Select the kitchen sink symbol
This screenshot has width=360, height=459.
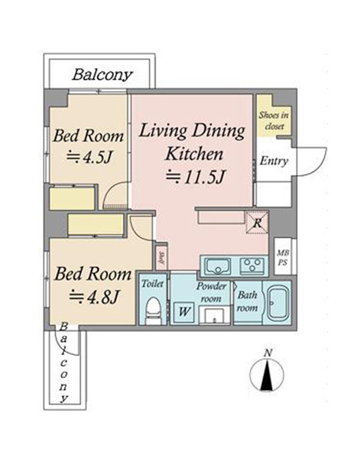[x=218, y=266]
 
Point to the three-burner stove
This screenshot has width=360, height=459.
[x=252, y=266]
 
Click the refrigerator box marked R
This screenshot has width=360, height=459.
[x=257, y=223]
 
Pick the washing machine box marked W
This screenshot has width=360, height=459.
[x=183, y=312]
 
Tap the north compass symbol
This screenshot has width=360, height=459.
[x=267, y=374]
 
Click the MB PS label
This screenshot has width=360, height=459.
[x=283, y=257]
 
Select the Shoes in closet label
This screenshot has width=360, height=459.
[x=274, y=120]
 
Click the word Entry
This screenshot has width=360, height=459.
[x=274, y=161]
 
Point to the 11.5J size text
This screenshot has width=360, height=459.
[x=196, y=177]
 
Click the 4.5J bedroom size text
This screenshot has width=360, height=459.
[x=89, y=158]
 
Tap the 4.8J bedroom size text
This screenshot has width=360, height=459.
[x=94, y=296]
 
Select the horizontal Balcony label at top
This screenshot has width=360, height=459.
[x=102, y=75]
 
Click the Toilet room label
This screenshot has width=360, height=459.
[x=152, y=283]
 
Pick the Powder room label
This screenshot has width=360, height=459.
[x=211, y=292]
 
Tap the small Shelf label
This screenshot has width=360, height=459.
[x=161, y=259]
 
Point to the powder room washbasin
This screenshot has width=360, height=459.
[x=214, y=315]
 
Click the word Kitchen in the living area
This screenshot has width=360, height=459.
[x=194, y=154]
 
